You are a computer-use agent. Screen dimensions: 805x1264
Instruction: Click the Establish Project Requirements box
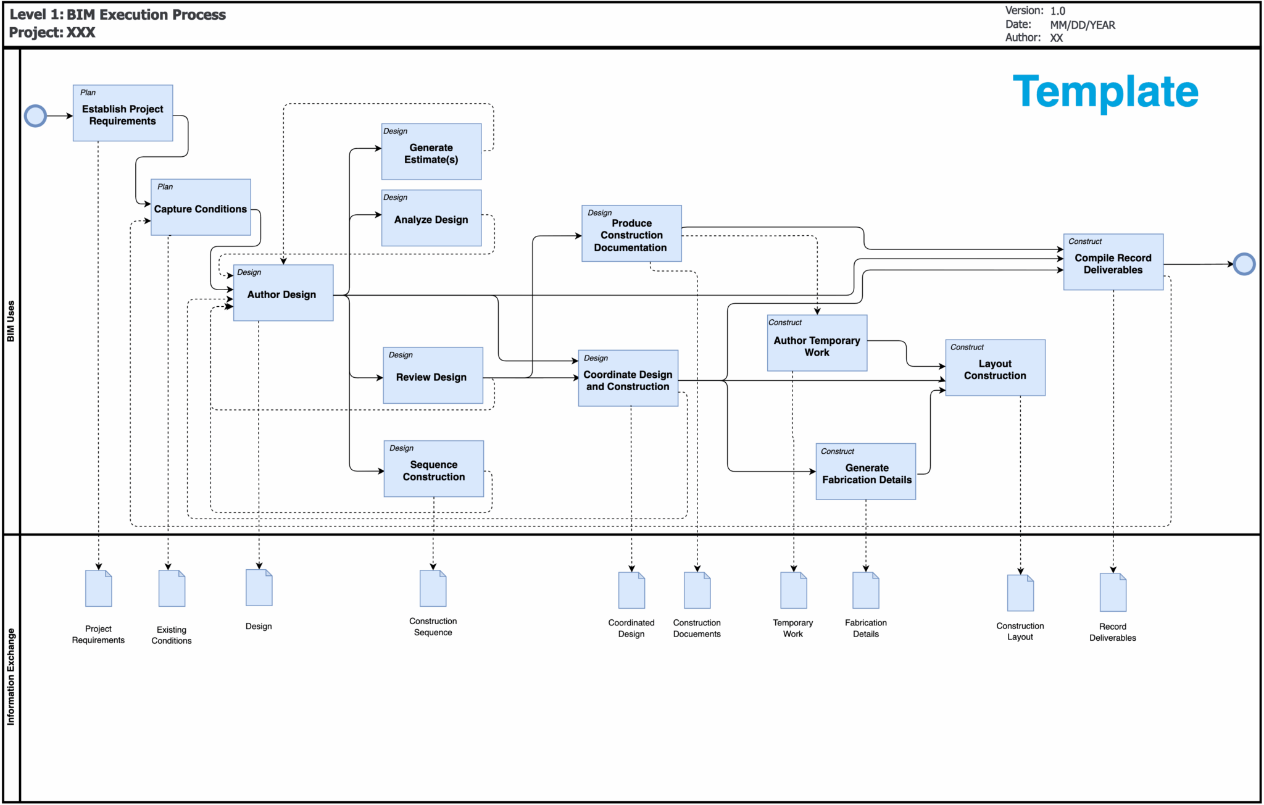(123, 114)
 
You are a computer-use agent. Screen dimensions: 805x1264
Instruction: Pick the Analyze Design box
(431, 219)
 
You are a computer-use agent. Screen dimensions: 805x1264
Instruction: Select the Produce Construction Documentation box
(631, 234)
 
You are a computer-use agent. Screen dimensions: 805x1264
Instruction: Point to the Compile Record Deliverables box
(1113, 262)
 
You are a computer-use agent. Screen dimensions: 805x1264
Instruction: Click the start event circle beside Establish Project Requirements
(35, 116)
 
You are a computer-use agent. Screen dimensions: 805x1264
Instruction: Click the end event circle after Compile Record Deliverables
(1244, 264)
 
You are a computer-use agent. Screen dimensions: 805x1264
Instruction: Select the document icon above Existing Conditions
(172, 588)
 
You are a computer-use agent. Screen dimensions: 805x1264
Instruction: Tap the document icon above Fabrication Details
(865, 590)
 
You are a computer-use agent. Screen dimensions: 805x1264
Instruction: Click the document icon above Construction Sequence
(433, 588)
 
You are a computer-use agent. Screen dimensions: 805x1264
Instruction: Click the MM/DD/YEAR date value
(1082, 25)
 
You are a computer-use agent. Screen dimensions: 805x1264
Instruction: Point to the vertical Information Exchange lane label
(10, 676)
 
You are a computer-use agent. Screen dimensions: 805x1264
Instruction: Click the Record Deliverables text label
(1112, 632)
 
